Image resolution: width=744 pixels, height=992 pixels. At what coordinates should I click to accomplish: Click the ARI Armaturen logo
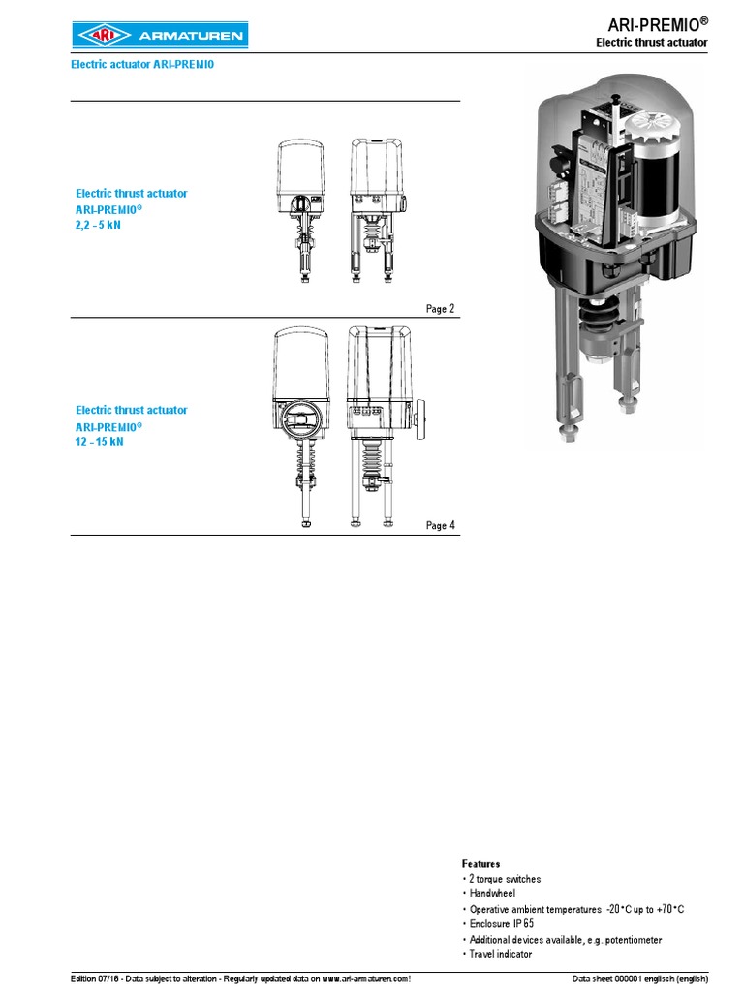pos(159,36)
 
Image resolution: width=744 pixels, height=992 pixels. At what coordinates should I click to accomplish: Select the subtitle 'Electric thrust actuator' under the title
pos(651,44)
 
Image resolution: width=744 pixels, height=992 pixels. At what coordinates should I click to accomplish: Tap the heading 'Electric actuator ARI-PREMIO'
pos(141,65)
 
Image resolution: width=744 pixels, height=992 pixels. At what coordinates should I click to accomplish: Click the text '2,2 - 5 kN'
pos(100,224)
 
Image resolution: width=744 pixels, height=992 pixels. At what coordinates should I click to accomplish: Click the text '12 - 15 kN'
pos(100,441)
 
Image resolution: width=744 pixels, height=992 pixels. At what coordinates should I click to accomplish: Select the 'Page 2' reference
pos(440,309)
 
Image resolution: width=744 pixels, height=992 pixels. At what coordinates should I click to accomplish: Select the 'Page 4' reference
pos(440,526)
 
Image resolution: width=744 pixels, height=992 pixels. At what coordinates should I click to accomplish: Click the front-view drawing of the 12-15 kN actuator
pos(302,426)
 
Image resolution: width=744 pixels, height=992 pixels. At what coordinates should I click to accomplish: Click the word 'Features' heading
pos(481,863)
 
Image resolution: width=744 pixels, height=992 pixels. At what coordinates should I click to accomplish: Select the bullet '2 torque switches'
pos(505,879)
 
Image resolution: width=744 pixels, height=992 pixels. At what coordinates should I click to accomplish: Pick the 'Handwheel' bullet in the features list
pos(492,894)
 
